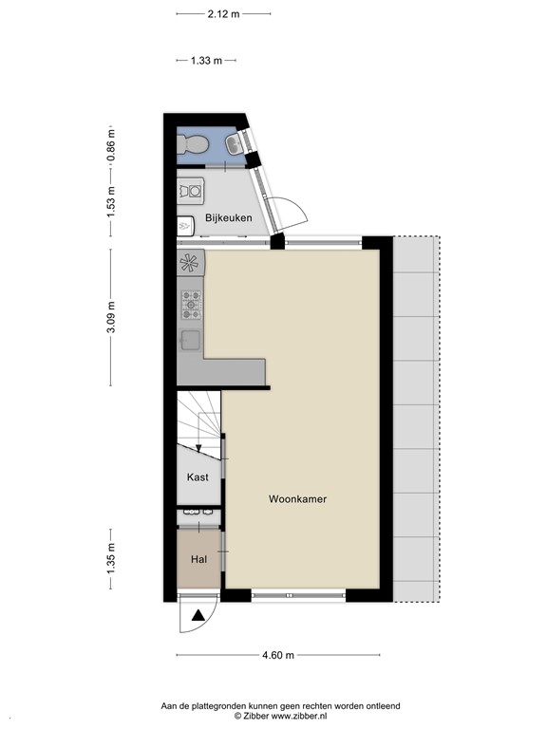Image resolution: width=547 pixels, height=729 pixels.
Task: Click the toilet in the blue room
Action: tap(194, 144)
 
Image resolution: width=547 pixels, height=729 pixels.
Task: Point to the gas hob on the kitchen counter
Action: tap(190, 305)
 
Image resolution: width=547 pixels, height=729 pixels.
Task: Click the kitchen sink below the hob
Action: tap(189, 340)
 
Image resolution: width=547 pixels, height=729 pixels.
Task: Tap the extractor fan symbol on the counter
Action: tap(190, 263)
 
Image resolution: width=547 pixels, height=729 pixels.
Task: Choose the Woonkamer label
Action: tap(297, 498)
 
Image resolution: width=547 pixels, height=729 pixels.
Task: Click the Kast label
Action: tap(198, 477)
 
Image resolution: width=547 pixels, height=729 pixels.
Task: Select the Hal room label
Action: tap(198, 559)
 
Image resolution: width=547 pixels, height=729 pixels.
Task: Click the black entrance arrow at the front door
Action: tap(198, 617)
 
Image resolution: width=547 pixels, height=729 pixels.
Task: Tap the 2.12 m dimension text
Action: tap(223, 14)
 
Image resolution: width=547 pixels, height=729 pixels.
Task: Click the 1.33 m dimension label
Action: tap(205, 61)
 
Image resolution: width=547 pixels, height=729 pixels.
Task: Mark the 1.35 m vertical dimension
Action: tap(110, 558)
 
